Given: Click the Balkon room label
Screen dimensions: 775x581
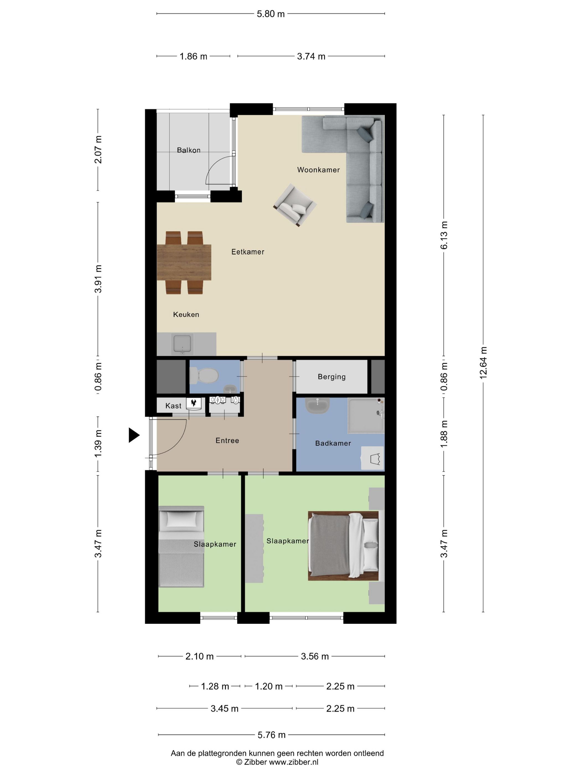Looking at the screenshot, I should pyautogui.click(x=188, y=150).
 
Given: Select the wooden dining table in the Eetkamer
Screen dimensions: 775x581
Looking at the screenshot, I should pyautogui.click(x=184, y=262).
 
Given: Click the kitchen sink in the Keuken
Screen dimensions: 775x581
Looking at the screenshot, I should pyautogui.click(x=182, y=344).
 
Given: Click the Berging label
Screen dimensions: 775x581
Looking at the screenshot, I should pyautogui.click(x=331, y=377).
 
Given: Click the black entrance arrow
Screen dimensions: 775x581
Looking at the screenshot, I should pyautogui.click(x=134, y=435).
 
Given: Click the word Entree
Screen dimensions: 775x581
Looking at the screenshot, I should pyautogui.click(x=227, y=440).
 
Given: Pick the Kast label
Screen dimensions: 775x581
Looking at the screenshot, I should pyautogui.click(x=173, y=406).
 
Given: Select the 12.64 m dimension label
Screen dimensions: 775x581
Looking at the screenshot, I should pyautogui.click(x=483, y=363).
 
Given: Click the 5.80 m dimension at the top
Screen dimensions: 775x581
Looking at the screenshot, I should pyautogui.click(x=270, y=14).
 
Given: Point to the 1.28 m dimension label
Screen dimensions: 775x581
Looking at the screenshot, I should pyautogui.click(x=215, y=686).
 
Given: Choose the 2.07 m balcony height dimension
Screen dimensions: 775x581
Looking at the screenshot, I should pyautogui.click(x=98, y=150).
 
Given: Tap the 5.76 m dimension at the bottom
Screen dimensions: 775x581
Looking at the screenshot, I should pyautogui.click(x=271, y=735).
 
